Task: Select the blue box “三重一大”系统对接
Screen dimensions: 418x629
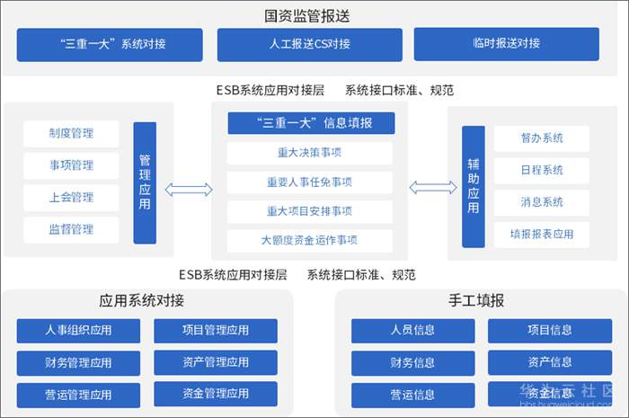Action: coord(112,44)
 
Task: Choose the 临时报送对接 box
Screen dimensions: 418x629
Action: coord(506,44)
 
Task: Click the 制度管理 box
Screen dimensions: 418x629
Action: coord(72,134)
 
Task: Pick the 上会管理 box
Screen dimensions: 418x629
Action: coord(72,197)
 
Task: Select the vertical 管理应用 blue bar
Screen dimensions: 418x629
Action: coord(145,182)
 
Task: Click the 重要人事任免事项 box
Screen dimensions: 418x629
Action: coord(309,182)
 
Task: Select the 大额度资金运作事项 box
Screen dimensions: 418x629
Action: coord(309,241)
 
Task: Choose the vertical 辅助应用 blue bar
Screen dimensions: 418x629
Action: coord(474,187)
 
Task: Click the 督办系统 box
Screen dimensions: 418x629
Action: coord(542,138)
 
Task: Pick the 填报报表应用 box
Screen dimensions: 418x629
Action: coord(542,235)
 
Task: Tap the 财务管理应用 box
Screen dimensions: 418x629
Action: coord(78,362)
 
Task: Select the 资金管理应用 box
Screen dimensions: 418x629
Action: coord(216,394)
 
